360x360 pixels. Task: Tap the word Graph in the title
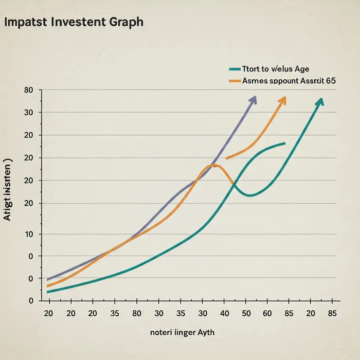(126, 23)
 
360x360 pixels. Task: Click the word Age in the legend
(300, 69)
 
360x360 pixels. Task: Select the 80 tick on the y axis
(28, 90)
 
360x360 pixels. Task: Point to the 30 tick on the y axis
(28, 113)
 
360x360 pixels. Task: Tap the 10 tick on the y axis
(28, 234)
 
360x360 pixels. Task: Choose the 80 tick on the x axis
(137, 313)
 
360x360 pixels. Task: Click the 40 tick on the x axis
(224, 313)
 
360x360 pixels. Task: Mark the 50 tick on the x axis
(246, 313)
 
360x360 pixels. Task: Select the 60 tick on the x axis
(268, 313)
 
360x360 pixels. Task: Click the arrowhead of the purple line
(253, 99)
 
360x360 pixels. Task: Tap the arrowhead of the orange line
(283, 99)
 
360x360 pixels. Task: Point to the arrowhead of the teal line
(320, 101)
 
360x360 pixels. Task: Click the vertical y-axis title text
(7, 192)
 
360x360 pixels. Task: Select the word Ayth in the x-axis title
(204, 333)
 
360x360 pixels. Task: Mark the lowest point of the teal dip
(250, 196)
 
